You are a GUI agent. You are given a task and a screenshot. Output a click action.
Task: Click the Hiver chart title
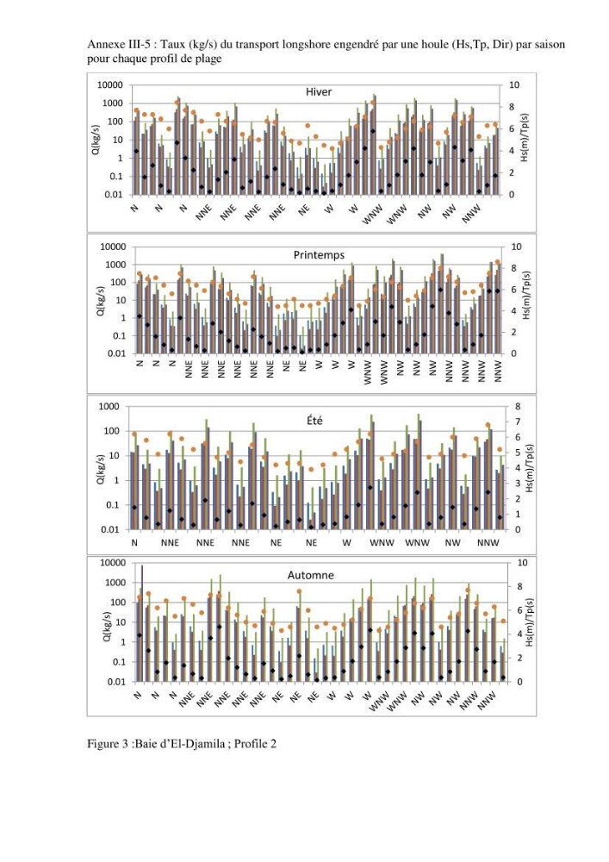(319, 92)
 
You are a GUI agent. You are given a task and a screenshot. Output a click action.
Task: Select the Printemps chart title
(319, 255)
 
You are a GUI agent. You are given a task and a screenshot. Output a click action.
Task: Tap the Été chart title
(314, 421)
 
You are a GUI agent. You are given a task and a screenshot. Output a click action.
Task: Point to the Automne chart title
(311, 575)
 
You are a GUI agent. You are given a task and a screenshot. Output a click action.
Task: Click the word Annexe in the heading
(103, 45)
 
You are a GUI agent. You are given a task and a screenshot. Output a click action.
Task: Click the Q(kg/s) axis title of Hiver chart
(96, 140)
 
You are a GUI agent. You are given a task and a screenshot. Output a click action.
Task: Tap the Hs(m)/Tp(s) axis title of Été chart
(531, 468)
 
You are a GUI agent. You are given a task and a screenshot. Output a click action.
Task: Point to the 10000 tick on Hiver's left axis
(110, 85)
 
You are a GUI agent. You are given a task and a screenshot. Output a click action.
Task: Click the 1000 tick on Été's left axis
(109, 406)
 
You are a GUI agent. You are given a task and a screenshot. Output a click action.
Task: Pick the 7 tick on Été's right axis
(518, 422)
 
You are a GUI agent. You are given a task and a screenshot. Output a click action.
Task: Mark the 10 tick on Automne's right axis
(522, 563)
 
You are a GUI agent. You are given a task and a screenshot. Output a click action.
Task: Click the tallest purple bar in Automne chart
(142, 623)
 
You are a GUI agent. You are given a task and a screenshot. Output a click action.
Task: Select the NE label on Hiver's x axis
(304, 209)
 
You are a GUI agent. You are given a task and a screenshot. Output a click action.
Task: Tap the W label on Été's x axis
(346, 542)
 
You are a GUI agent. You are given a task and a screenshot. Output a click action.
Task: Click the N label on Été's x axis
(134, 542)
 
